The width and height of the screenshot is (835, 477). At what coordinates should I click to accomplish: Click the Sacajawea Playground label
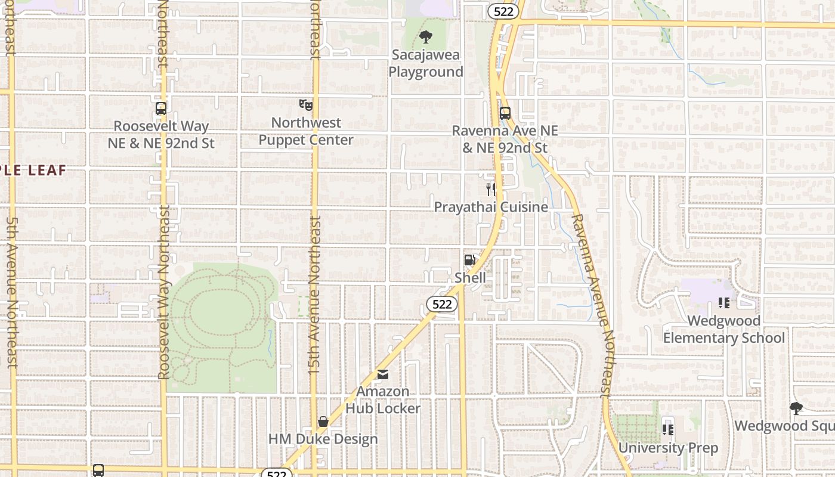(x=425, y=64)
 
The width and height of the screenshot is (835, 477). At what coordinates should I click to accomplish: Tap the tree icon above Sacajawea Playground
(x=425, y=38)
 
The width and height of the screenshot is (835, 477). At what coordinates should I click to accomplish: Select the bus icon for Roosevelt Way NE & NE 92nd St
(x=160, y=109)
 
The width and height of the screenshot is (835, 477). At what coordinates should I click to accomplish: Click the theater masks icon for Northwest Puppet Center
(x=306, y=105)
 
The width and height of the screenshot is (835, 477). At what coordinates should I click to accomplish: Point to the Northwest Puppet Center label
(x=306, y=131)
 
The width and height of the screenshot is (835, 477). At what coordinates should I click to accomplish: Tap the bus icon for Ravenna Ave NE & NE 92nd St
(x=505, y=113)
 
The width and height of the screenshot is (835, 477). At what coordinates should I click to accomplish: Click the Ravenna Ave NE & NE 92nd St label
(x=505, y=139)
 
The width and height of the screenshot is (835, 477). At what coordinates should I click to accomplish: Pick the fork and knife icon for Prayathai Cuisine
(x=491, y=190)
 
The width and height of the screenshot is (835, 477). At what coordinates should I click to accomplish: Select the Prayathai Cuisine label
(x=490, y=207)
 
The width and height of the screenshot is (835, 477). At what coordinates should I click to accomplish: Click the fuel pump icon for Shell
(x=470, y=260)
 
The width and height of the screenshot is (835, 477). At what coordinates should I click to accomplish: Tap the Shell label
(x=470, y=278)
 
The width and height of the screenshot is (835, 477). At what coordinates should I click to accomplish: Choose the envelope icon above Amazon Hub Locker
(x=383, y=374)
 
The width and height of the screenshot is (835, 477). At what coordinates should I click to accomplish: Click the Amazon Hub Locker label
(x=383, y=400)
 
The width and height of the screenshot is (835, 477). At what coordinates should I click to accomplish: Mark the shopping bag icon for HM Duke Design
(x=323, y=422)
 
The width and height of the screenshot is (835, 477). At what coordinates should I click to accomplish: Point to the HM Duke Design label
(x=323, y=439)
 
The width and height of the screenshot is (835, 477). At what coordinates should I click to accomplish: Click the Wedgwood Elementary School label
(x=723, y=329)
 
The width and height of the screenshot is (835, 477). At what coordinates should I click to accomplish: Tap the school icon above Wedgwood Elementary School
(x=724, y=303)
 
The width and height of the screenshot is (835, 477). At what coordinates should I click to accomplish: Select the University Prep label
(x=668, y=448)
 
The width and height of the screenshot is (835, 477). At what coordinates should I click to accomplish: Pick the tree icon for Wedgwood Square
(x=796, y=408)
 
